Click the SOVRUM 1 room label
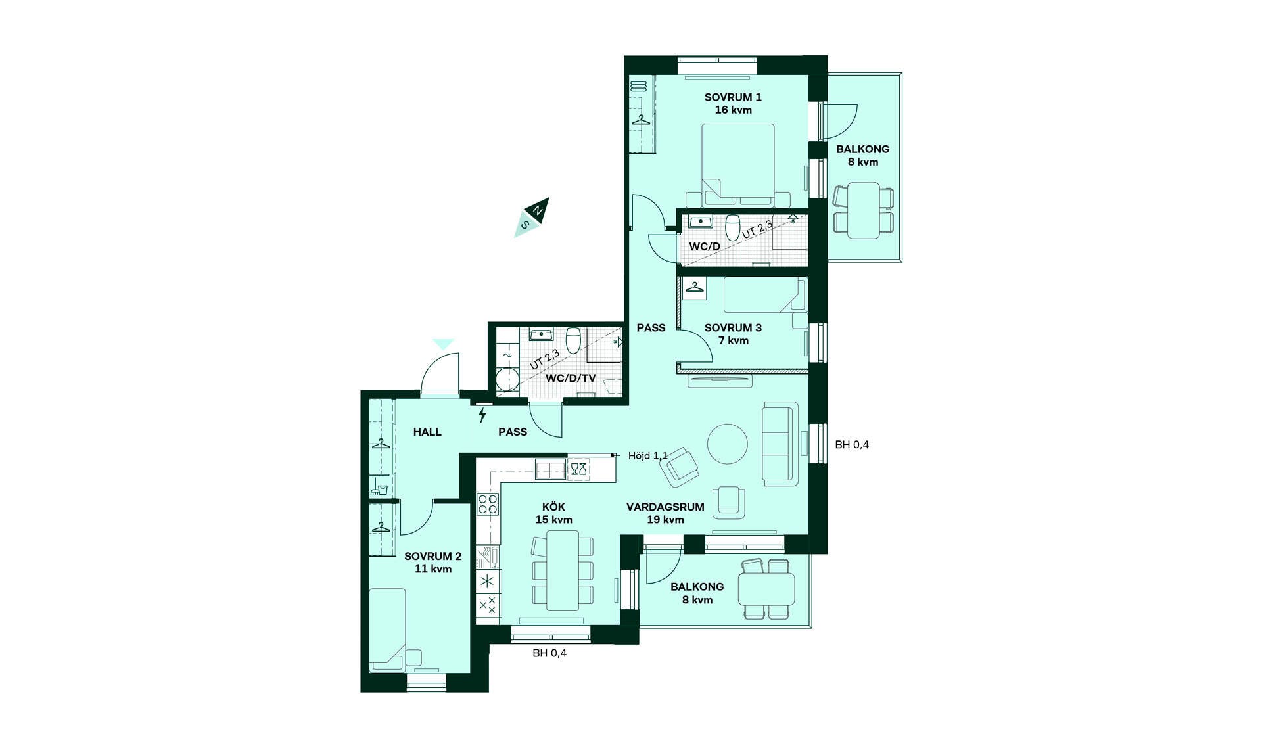pos(733,97)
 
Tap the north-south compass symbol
pos(532,217)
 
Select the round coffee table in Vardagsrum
pos(728,444)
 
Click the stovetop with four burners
pos(488,504)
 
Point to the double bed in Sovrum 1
pos(738,165)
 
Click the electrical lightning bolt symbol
pos(482,415)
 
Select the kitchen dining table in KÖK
pos(563,570)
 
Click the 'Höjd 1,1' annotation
pos(647,455)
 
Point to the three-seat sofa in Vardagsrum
pos(780,444)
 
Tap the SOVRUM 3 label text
pos(733,328)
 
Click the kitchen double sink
pos(550,469)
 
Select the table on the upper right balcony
pos(864,210)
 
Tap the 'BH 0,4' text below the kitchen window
pos(549,653)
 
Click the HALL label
pos(427,432)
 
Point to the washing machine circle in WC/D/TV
pos(507,380)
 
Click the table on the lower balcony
pos(766,589)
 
